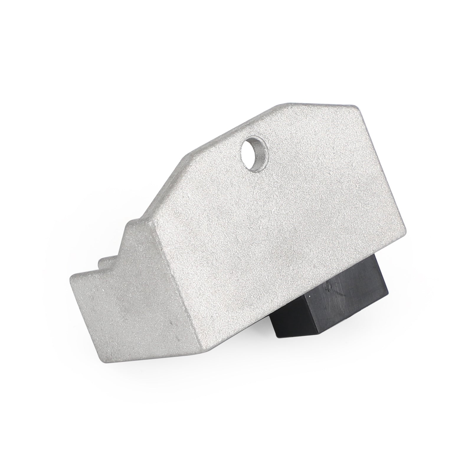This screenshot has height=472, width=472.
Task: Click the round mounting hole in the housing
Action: (254, 150)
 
